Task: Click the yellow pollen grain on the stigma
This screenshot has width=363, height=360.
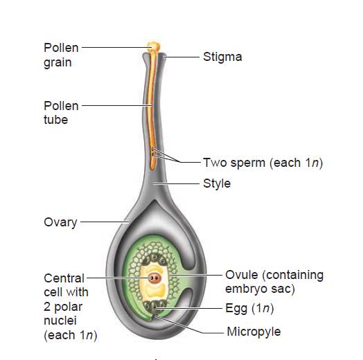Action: (x=154, y=46)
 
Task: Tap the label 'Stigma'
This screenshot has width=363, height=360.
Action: (x=222, y=57)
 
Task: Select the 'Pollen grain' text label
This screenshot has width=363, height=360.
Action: (x=61, y=55)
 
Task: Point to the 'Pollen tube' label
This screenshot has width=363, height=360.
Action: (x=61, y=113)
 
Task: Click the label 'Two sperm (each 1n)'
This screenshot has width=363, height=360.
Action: (x=263, y=163)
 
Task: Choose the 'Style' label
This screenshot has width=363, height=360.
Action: (x=217, y=183)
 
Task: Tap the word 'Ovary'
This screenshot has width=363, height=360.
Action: (x=60, y=222)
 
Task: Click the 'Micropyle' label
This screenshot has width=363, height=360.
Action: (x=254, y=332)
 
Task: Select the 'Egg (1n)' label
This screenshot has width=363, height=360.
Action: (x=249, y=308)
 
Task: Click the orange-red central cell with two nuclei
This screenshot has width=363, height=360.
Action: (x=154, y=278)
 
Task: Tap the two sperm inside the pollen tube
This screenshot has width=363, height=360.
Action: (x=153, y=153)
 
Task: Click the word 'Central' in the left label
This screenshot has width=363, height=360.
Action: (x=64, y=278)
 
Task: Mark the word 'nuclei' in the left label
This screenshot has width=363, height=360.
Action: (x=60, y=321)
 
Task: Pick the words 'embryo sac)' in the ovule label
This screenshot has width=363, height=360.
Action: (x=260, y=289)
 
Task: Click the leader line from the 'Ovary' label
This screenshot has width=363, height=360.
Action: (x=105, y=222)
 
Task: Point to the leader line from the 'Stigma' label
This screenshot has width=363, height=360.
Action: (x=181, y=57)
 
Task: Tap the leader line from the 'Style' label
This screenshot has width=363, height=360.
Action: (x=176, y=184)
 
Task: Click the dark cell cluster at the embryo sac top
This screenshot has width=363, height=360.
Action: (x=154, y=259)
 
